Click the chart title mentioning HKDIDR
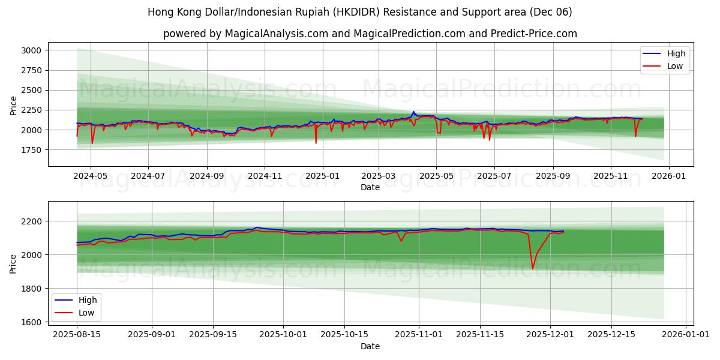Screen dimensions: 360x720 coord(360,12)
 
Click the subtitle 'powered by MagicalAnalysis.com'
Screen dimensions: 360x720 coord(370,34)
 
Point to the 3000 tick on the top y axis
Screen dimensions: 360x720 coord(31,50)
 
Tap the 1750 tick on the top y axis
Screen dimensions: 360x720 coord(31,150)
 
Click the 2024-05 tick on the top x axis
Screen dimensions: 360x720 coord(91,177)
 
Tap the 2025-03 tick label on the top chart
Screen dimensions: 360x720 coord(379,177)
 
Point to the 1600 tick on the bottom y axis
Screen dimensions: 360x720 coord(31,322)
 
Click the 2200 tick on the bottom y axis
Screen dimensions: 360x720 coord(31,221)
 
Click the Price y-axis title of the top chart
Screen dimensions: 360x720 coord(14,105)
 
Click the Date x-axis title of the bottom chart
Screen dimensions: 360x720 coord(370,346)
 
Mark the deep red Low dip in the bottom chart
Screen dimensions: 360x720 coord(532,268)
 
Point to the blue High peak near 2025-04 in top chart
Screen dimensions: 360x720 coord(413,112)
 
